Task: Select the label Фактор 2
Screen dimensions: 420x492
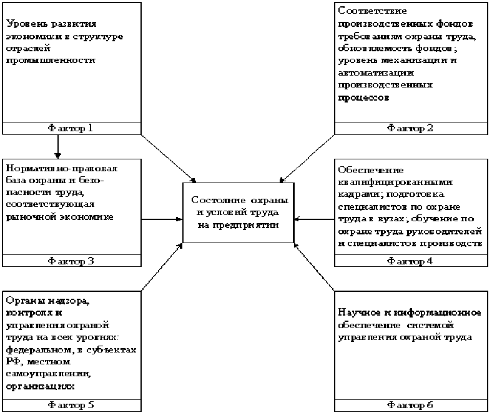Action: click(410, 128)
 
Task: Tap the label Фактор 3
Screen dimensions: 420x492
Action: click(71, 261)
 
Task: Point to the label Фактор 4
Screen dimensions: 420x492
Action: click(410, 261)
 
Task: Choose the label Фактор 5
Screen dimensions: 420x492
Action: click(71, 405)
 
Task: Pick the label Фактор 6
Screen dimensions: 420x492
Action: click(410, 405)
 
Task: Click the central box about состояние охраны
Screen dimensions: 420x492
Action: click(238, 212)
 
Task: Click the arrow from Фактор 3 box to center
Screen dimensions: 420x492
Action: click(162, 219)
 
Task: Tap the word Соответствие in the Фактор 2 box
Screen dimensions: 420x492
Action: click(372, 11)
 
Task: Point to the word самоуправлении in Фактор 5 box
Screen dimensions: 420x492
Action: click(47, 374)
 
